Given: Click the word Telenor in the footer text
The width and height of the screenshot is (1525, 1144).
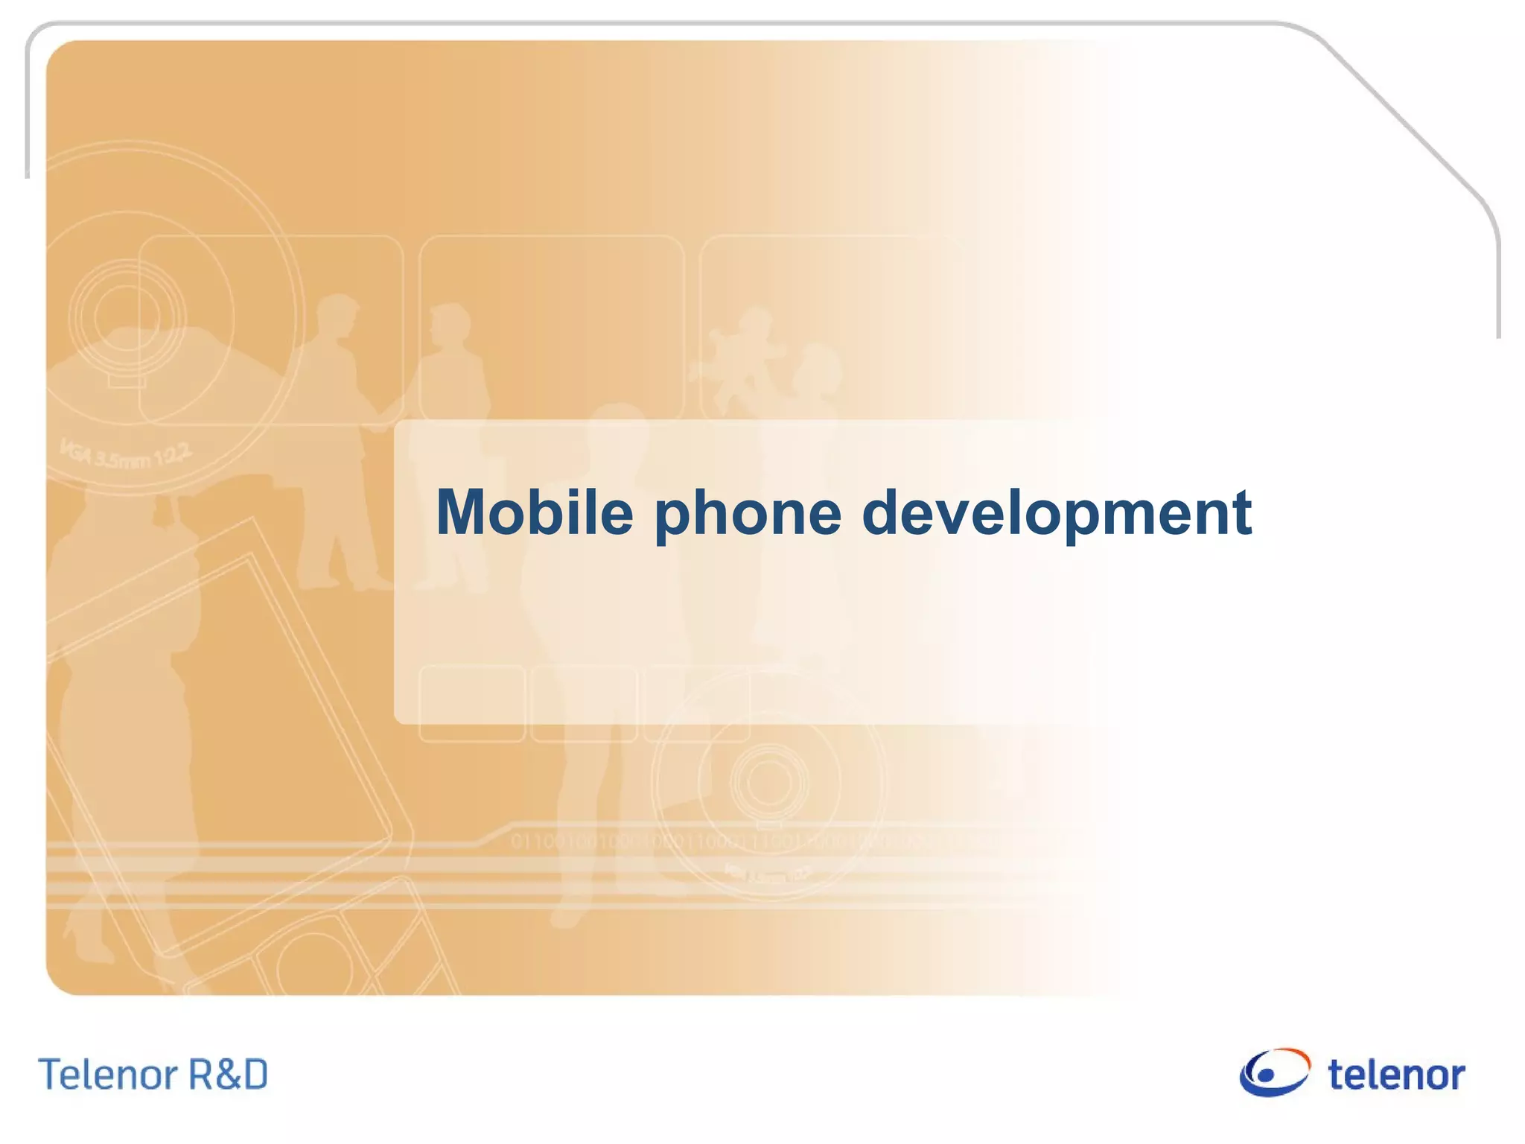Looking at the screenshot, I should coord(107,1075).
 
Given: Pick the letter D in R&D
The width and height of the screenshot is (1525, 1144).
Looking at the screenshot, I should coord(253,1075).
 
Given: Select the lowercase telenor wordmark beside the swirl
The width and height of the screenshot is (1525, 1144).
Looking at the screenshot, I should coord(1396,1075).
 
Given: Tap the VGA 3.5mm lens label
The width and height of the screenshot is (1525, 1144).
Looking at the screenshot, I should coord(126,454).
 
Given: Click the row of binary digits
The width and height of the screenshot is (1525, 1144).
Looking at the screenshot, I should coord(745,842).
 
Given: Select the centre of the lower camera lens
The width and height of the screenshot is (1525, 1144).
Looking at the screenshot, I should coord(768,781).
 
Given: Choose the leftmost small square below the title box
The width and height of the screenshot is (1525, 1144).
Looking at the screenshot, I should coord(472,703).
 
